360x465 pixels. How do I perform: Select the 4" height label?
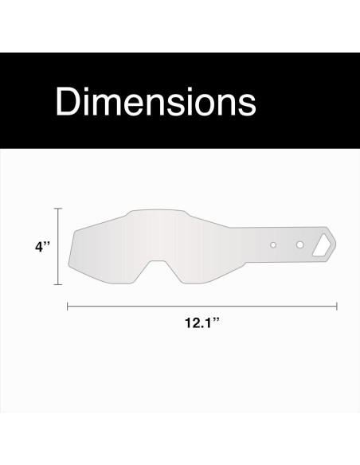point(42,247)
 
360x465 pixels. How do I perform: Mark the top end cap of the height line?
point(57,209)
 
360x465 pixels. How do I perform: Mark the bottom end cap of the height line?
point(57,283)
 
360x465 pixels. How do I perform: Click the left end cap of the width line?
point(67,305)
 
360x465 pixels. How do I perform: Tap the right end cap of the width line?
point(337,305)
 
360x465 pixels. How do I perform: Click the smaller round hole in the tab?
point(272,244)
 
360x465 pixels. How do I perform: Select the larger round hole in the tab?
point(299,244)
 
